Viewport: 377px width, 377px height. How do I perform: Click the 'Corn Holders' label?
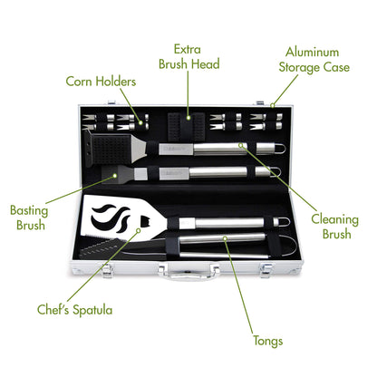pos(101,82)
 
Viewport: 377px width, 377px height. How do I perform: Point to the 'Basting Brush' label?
pos(29,217)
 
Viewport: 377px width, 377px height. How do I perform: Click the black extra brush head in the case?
pos(189,122)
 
